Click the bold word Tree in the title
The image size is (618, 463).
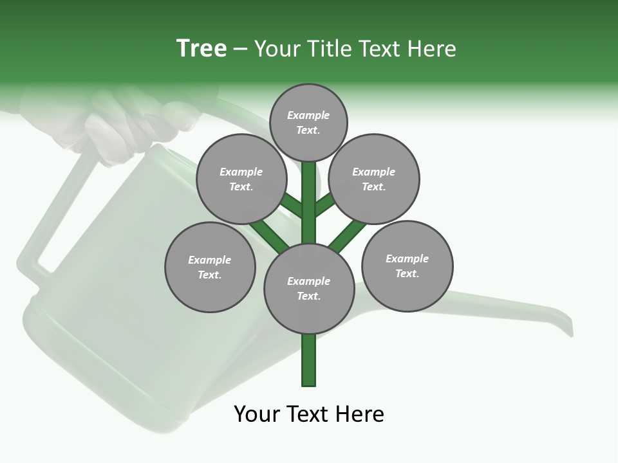pyautogui.click(x=201, y=49)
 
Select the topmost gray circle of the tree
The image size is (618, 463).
pyautogui.click(x=308, y=123)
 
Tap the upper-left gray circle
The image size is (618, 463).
pyautogui.click(x=241, y=179)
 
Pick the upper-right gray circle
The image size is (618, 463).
pyautogui.click(x=374, y=179)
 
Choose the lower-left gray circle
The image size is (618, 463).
pyautogui.click(x=210, y=267)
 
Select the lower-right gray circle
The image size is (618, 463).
pyautogui.click(x=407, y=266)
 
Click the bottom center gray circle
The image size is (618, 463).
pyautogui.click(x=309, y=288)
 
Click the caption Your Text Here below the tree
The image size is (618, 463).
pyautogui.click(x=309, y=413)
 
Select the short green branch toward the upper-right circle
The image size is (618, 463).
pyautogui.click(x=324, y=205)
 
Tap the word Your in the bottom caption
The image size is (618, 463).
pyautogui.click(x=257, y=413)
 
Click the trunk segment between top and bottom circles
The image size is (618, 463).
pyautogui.click(x=309, y=206)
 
